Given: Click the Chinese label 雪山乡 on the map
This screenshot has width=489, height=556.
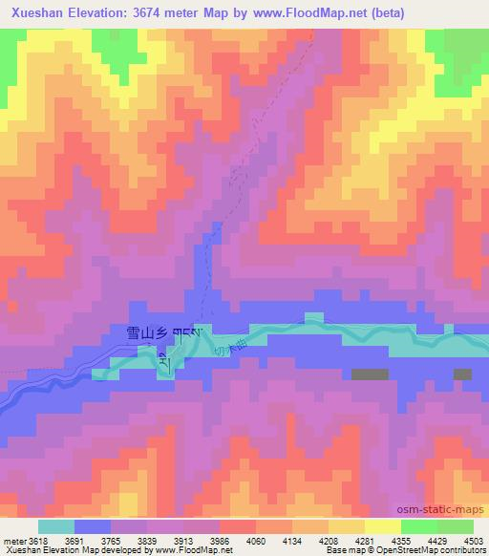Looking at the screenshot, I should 146,333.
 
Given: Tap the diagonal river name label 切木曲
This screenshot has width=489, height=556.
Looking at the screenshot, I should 221,352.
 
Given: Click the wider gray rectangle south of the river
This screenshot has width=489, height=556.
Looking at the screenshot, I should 370,374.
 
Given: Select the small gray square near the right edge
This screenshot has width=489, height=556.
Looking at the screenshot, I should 462,374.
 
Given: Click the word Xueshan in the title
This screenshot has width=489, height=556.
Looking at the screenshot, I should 35,13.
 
